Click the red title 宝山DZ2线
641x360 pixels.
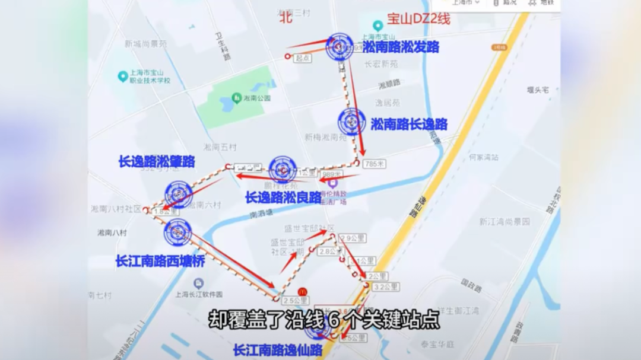coord(418,18)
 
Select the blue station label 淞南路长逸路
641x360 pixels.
coord(409,124)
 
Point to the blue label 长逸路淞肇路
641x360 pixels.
coord(157,161)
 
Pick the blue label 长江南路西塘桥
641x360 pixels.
coord(160,260)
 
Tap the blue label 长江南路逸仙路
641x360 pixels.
coord(277,350)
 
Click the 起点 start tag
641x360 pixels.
coord(303,58)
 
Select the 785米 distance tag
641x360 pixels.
coord(375,164)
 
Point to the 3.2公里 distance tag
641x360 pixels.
coord(386,287)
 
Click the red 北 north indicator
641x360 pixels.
coord(287,18)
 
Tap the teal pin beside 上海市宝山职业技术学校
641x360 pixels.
coord(123,76)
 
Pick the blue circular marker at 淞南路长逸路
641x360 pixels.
coord(351,122)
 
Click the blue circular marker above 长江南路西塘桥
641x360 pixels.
coord(177,232)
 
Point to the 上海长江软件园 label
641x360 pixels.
coord(199,294)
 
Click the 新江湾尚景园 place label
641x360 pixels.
coord(504,221)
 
